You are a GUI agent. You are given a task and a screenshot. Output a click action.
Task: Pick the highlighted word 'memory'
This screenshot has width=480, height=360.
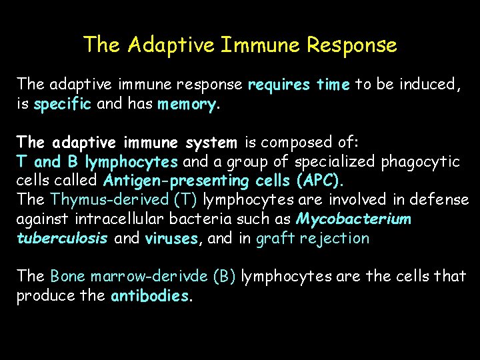(187, 105)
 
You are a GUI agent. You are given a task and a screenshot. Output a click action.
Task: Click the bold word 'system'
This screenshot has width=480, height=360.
(212, 143)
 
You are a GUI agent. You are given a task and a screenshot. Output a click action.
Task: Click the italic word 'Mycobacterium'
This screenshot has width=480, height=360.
(354, 219)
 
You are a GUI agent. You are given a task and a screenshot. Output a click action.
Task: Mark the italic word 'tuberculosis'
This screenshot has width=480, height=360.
(62, 239)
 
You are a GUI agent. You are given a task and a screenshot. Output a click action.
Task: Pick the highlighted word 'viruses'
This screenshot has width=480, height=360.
(171, 239)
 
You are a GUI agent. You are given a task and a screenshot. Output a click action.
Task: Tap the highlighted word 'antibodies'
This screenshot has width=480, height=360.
(150, 296)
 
